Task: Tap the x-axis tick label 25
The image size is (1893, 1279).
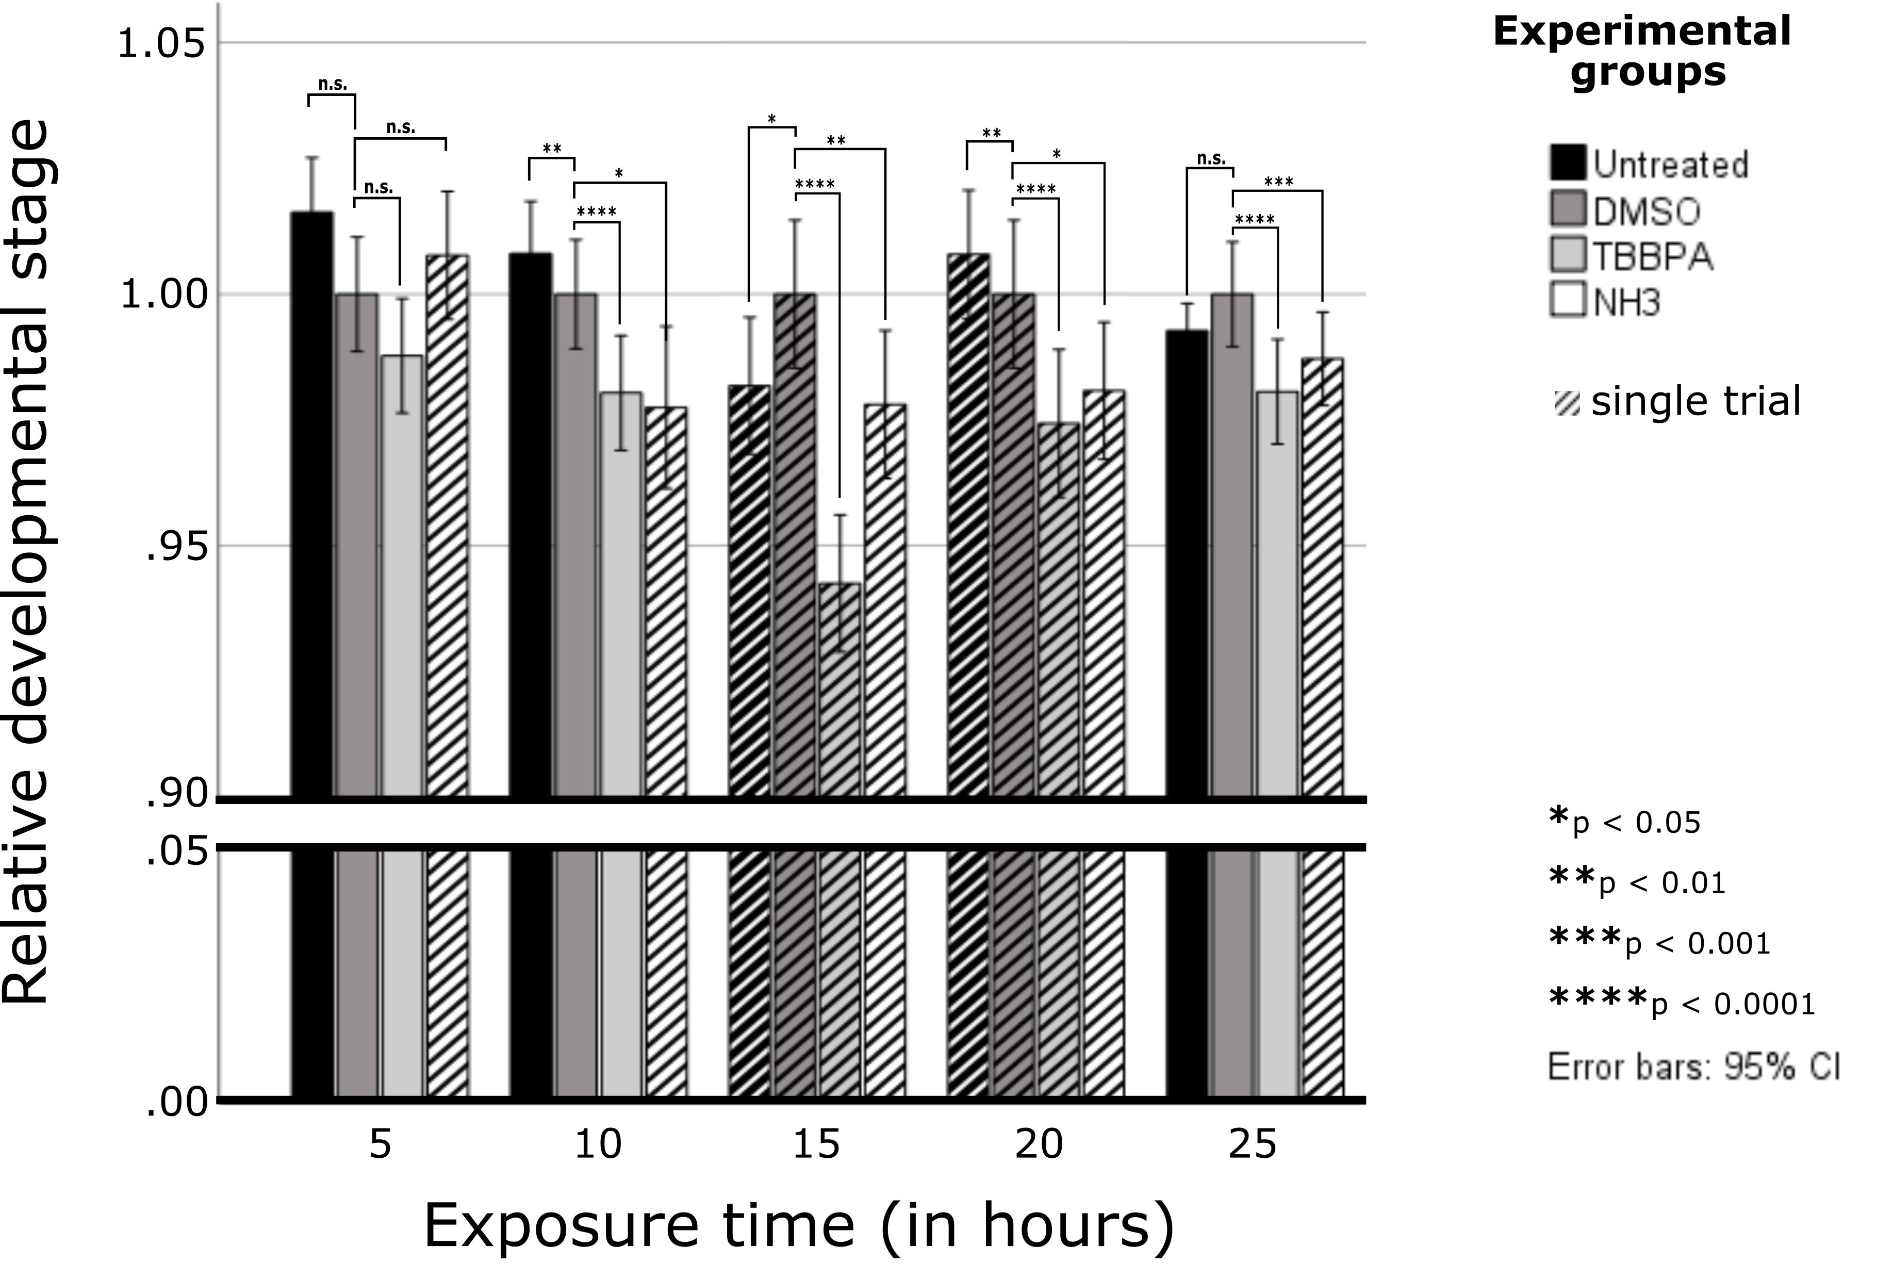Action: tap(1253, 1144)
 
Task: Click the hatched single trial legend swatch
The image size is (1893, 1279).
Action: tap(1567, 402)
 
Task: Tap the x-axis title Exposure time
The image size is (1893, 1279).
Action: tap(798, 1224)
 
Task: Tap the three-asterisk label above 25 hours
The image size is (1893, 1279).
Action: tap(1278, 181)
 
